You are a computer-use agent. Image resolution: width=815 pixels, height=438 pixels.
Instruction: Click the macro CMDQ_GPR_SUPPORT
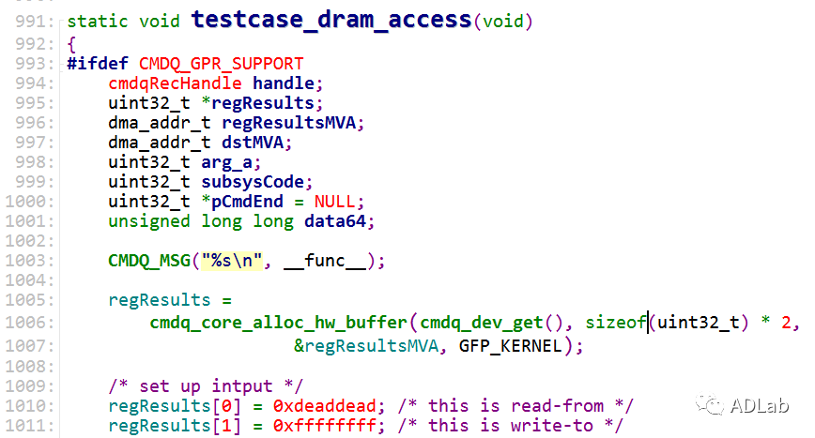click(221, 64)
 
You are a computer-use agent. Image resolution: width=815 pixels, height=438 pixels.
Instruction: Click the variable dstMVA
click(257, 143)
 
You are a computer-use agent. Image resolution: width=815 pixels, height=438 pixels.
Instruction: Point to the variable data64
click(340, 221)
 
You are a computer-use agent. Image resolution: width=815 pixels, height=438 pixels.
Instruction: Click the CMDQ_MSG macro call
click(149, 261)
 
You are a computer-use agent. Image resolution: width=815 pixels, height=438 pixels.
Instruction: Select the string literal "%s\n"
click(229, 261)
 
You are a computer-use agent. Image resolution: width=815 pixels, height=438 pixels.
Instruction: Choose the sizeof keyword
click(615, 323)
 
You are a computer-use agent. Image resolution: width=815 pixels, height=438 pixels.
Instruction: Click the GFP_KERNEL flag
click(511, 345)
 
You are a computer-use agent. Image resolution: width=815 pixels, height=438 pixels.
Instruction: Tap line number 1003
click(36, 261)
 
